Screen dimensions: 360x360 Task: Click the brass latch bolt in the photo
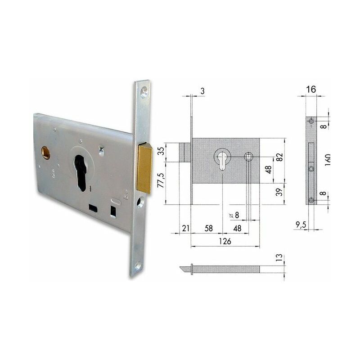click(144, 168)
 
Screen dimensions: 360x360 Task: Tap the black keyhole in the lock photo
click(81, 173)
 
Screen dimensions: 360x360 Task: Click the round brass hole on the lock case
click(45, 153)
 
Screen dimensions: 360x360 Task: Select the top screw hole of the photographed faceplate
click(144, 92)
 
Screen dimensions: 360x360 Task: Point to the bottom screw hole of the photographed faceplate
click(139, 266)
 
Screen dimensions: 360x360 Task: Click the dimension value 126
click(225, 241)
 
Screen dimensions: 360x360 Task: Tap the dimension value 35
click(162, 151)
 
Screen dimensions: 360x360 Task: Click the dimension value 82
click(279, 157)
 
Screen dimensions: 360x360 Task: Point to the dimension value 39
click(279, 192)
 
